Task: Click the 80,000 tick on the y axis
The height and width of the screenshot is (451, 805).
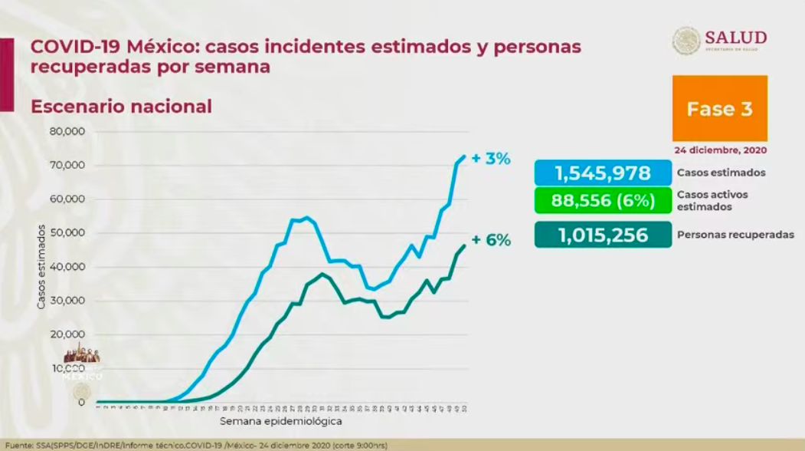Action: pyautogui.click(x=68, y=131)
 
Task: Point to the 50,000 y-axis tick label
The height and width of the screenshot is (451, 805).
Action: pyautogui.click(x=68, y=232)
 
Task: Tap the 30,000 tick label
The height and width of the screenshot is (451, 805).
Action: pyautogui.click(x=68, y=300)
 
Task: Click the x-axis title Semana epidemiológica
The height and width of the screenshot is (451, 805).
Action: pyautogui.click(x=280, y=421)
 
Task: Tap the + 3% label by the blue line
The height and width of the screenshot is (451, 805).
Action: pyautogui.click(x=490, y=159)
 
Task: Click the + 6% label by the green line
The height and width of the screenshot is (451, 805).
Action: pyautogui.click(x=490, y=239)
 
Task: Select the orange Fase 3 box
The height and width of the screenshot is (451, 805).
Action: pyautogui.click(x=719, y=108)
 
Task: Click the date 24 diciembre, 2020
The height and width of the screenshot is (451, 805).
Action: pyautogui.click(x=720, y=150)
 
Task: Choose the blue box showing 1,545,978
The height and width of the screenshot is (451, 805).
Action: pyautogui.click(x=603, y=173)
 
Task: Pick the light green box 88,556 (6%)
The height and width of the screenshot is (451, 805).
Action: pyautogui.click(x=603, y=201)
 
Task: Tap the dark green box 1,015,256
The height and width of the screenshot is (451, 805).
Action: pyautogui.click(x=603, y=235)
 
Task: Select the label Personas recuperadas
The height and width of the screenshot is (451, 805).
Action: pyautogui.click(x=734, y=235)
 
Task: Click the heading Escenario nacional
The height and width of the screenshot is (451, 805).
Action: pyautogui.click(x=121, y=107)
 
